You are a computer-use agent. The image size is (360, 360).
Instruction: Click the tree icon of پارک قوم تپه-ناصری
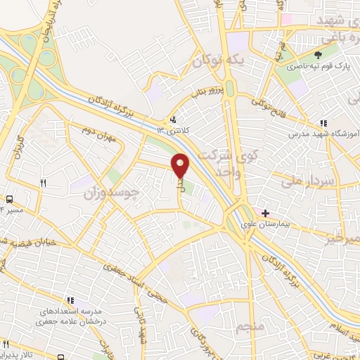click(319, 54)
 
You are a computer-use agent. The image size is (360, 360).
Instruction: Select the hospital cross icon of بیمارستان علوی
click(264, 213)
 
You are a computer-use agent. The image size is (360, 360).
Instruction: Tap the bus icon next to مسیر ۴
click(10, 199)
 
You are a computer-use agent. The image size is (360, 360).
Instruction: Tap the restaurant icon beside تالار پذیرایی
click(6, 344)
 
